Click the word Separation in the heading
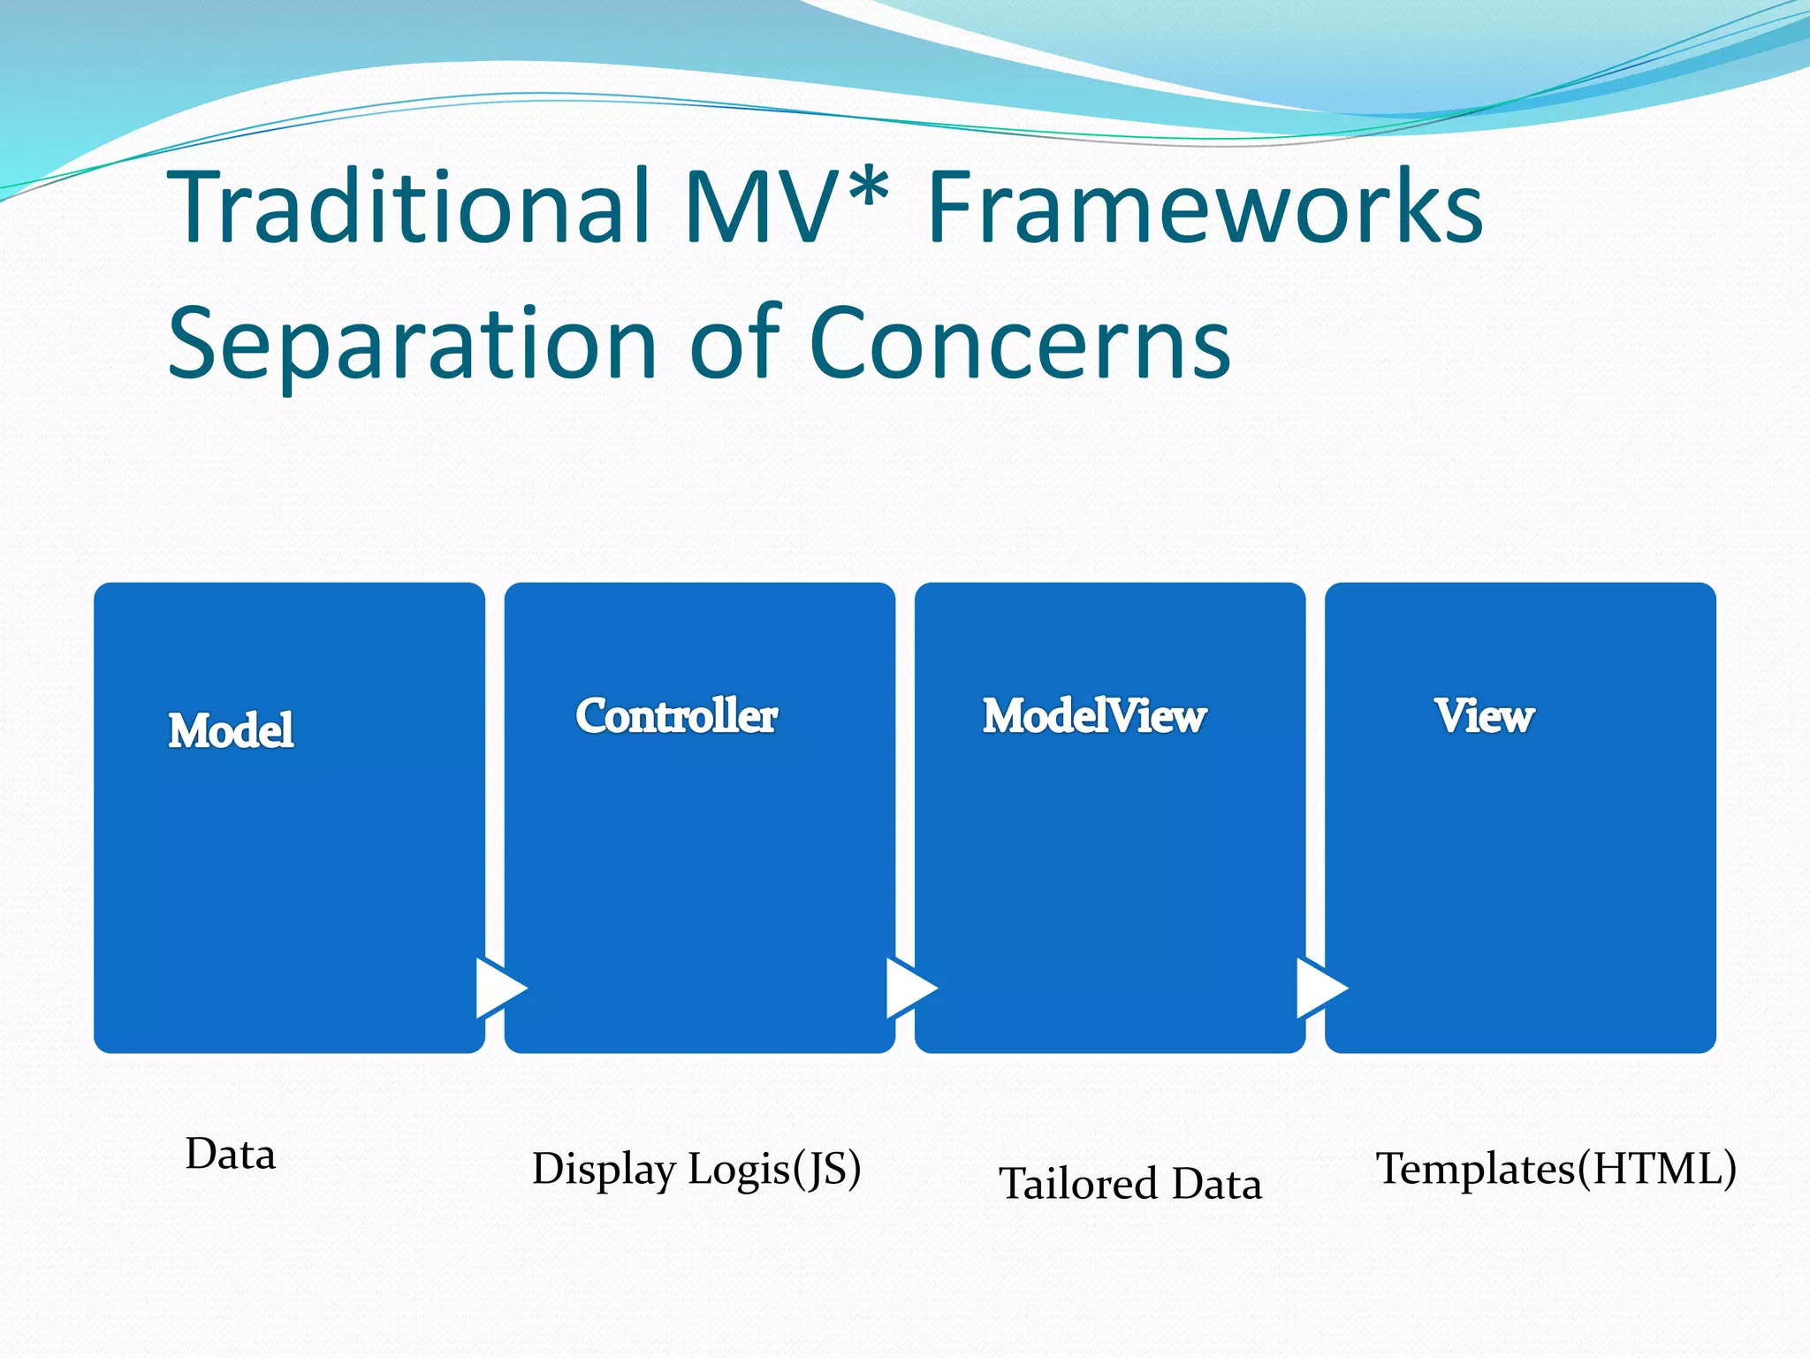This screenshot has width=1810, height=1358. point(412,343)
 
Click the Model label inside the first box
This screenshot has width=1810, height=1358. point(232,731)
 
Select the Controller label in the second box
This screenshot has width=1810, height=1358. point(677,716)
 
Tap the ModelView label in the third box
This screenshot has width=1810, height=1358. point(1095,716)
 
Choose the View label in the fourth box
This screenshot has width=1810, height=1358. point(1485,716)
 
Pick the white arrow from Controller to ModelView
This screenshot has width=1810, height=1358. point(909,988)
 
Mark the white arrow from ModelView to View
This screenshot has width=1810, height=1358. point(1319,988)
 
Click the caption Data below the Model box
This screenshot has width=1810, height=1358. point(231,1155)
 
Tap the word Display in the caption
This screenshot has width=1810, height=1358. point(605,1170)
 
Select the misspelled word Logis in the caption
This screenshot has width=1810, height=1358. point(739,1170)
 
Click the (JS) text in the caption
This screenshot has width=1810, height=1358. point(827,1170)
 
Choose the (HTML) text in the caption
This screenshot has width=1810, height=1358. point(1658,1170)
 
